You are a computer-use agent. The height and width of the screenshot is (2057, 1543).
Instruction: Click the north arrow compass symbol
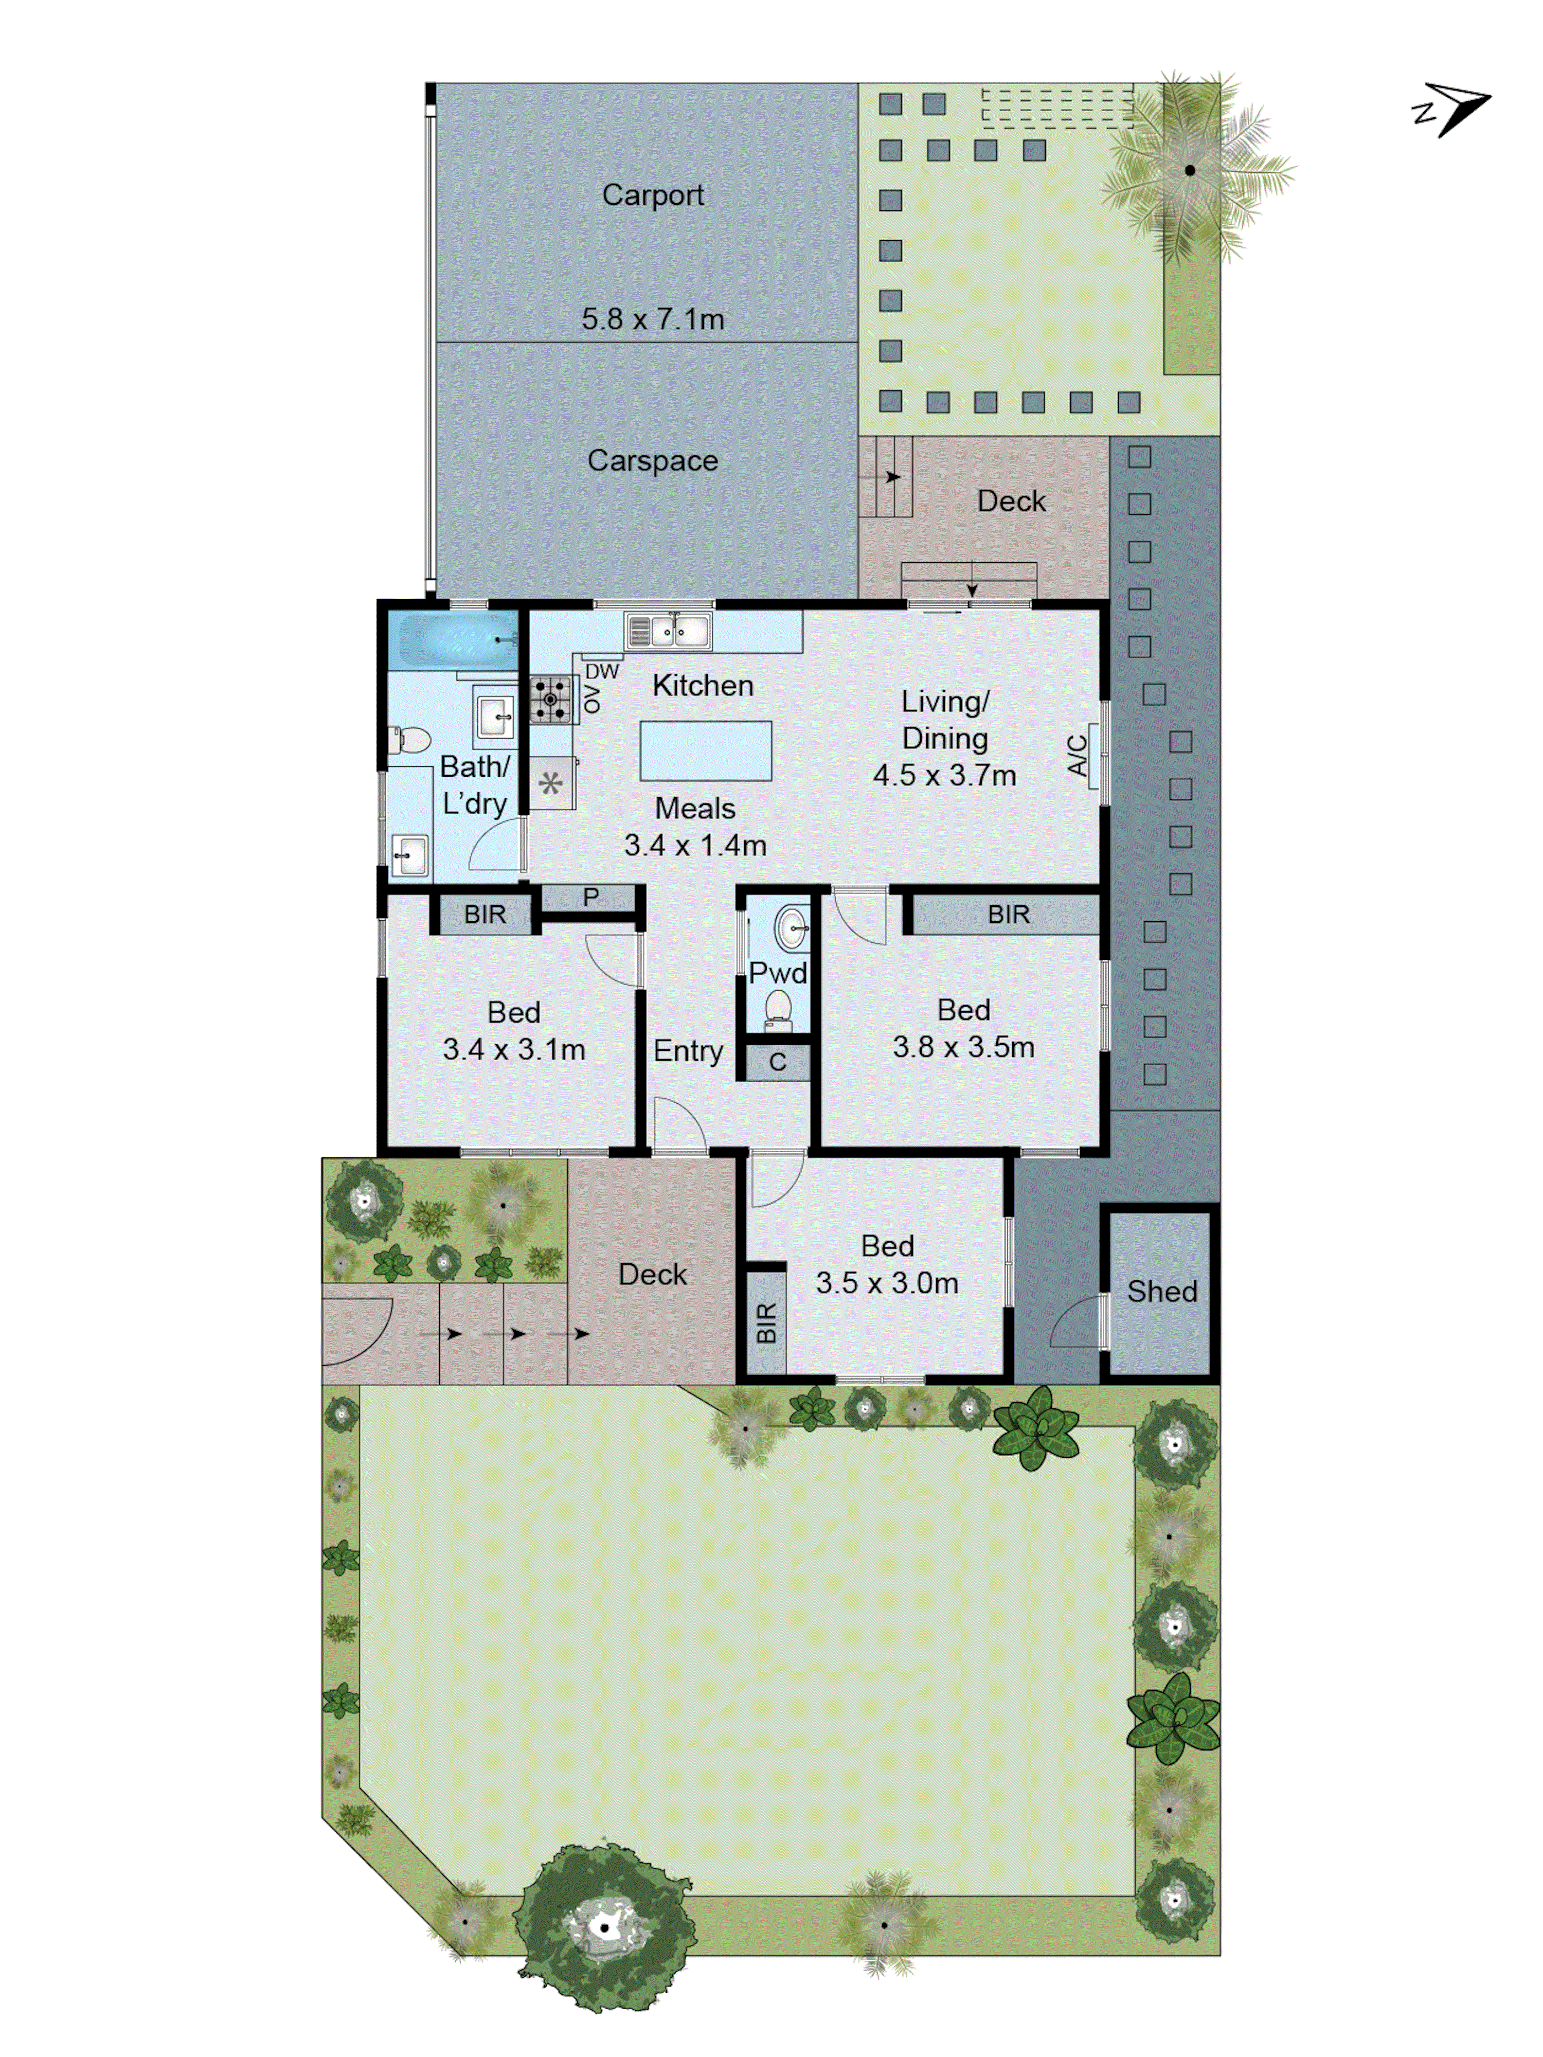[x=1453, y=109]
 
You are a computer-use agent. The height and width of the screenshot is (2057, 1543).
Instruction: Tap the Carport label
[x=652, y=195]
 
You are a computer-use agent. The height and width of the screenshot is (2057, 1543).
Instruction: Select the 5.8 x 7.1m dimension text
[x=652, y=319]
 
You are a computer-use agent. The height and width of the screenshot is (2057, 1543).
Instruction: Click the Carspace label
[x=652, y=460]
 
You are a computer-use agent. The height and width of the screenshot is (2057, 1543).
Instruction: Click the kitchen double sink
[x=668, y=632]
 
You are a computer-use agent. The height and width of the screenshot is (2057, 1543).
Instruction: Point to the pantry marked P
[x=589, y=898]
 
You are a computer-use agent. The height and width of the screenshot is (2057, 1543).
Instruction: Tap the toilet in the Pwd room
[x=778, y=1009]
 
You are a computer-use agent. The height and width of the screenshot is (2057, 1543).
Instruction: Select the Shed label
[x=1161, y=1291]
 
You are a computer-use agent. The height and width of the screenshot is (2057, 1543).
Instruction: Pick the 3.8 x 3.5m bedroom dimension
[x=963, y=1047]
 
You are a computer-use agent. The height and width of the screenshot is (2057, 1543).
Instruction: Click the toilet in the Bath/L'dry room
[x=410, y=740]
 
